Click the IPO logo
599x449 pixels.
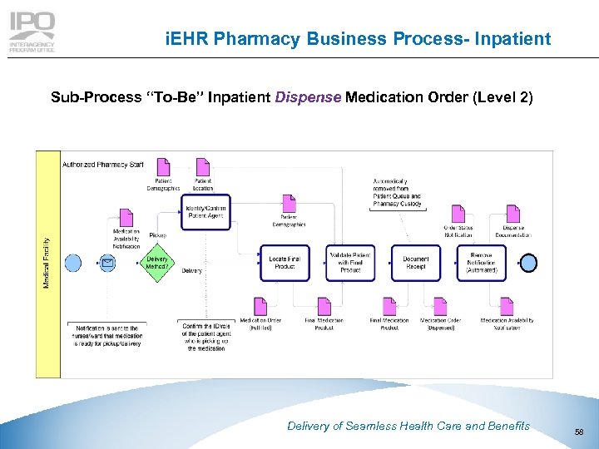pos(32,32)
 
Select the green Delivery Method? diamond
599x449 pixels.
pos(157,263)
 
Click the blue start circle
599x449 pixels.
pos(73,264)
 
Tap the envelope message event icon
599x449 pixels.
pos(107,264)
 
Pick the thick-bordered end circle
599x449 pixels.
pos(528,263)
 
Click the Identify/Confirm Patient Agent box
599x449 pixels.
pos(205,211)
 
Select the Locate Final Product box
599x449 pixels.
pos(284,263)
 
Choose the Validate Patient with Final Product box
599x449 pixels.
pos(350,263)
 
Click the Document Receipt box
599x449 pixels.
pos(415,263)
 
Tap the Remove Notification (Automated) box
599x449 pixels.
pos(482,263)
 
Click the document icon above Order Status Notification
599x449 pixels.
pos(458,213)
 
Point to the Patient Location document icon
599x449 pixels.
pos(203,167)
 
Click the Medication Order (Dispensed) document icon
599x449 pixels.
pos(440,307)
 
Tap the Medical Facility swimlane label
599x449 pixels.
pos(47,263)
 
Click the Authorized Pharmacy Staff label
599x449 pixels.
pos(103,164)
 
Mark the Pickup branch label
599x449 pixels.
pos(157,235)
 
